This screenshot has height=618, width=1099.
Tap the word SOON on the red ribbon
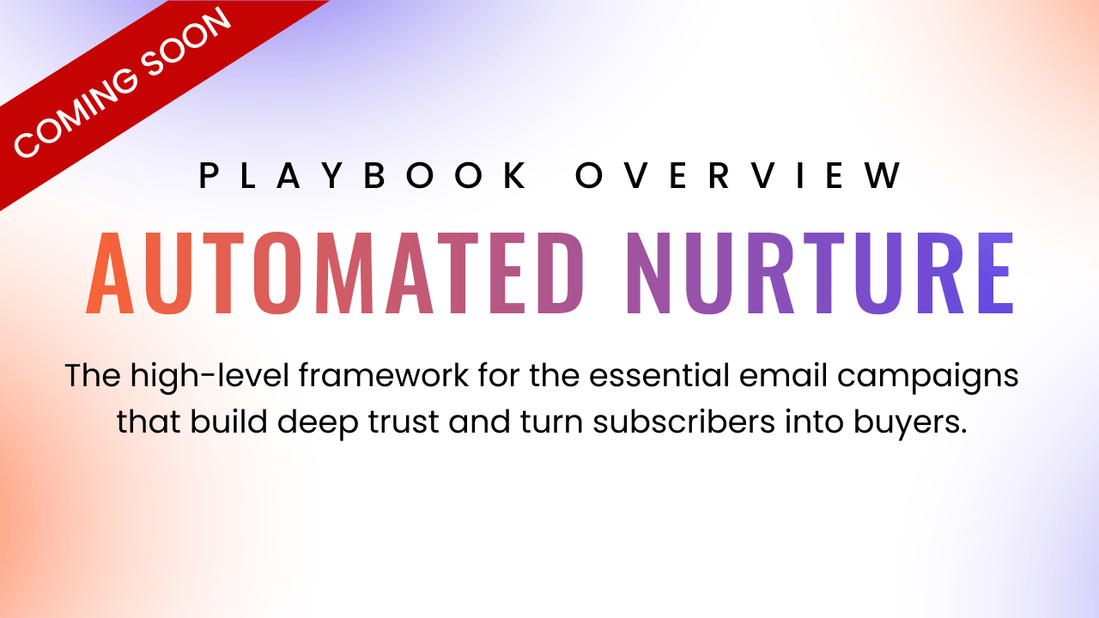pos(186,42)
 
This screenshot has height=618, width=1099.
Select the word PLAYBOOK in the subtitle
pos(362,175)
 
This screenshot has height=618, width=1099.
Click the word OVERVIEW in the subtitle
pos(738,175)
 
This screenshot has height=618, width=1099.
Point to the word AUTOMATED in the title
pos(335,273)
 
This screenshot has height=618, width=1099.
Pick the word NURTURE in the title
pos(820,273)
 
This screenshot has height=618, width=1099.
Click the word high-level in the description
pos(209,376)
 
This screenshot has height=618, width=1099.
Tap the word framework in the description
pos(384,376)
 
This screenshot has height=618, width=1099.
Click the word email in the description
pos(783,376)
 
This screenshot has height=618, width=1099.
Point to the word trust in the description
pos(404,422)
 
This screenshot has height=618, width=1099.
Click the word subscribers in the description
pos(683,421)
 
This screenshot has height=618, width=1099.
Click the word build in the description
pos(228,421)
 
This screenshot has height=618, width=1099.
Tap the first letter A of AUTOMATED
pos(110,273)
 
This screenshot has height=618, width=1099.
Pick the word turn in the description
pos(551,422)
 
